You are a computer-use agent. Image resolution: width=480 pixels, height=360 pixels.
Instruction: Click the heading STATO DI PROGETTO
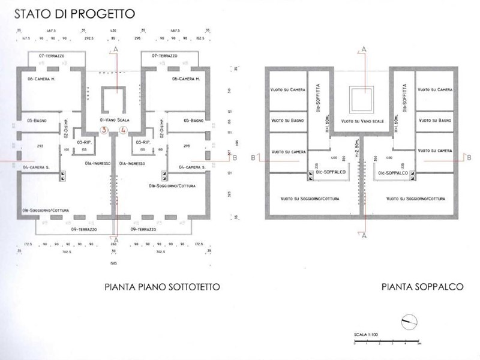(74, 13)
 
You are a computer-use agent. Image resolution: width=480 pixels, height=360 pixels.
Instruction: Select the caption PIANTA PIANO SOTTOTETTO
(162, 287)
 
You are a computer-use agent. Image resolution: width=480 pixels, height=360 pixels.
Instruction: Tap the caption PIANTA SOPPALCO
(422, 287)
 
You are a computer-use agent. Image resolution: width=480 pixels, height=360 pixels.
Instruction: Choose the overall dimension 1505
(113, 262)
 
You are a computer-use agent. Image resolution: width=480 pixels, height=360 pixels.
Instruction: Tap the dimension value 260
(113, 245)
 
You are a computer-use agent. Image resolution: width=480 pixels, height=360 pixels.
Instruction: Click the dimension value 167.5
(26, 37)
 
